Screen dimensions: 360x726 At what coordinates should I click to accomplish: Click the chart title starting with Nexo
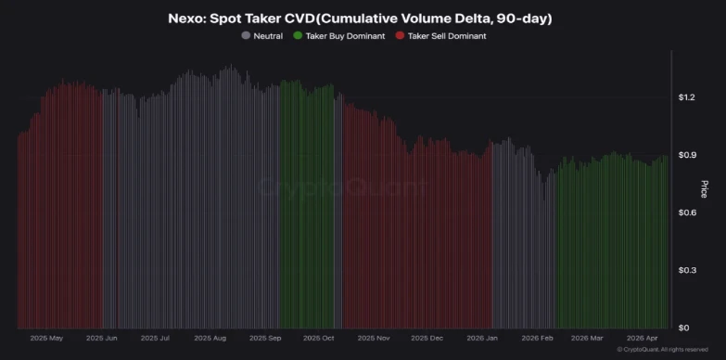point(363,16)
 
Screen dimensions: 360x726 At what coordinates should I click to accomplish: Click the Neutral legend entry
point(267,35)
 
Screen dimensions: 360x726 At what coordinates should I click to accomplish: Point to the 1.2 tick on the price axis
point(684,97)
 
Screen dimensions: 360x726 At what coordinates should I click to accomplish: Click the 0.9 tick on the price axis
point(684,155)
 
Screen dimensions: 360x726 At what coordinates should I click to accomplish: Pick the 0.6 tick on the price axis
point(684,212)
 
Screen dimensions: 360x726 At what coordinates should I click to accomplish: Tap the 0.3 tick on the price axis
point(684,270)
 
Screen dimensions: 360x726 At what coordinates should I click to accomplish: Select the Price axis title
point(704,189)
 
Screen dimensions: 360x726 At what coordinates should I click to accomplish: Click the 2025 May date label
point(46,339)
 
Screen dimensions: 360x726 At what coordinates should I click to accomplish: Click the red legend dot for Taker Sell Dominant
point(400,35)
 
